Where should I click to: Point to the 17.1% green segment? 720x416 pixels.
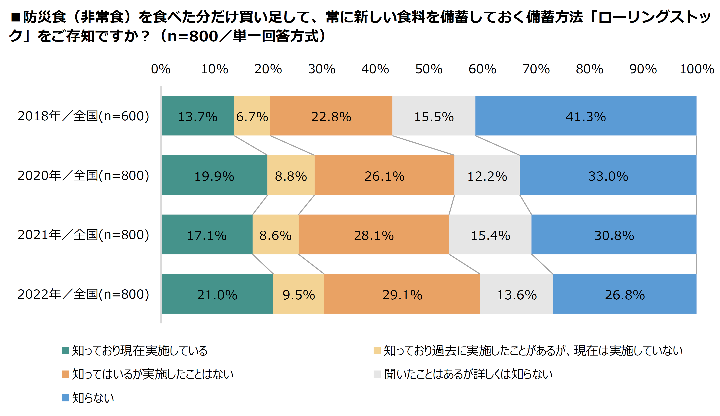tap(207, 235)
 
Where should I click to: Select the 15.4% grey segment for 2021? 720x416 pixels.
tap(490, 235)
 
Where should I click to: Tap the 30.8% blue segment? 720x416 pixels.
tap(614, 235)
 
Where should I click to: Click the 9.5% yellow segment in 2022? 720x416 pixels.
tap(299, 294)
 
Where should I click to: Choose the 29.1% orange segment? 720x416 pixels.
tap(402, 294)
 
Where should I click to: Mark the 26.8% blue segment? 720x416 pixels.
tap(625, 294)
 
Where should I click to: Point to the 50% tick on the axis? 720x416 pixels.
tap(428, 69)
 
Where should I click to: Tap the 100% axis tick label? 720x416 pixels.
tap(697, 69)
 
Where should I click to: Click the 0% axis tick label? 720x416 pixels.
tap(161, 69)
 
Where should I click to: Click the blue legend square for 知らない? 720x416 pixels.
tap(65, 398)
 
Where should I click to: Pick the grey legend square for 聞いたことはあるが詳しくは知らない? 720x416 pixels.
tap(377, 374)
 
